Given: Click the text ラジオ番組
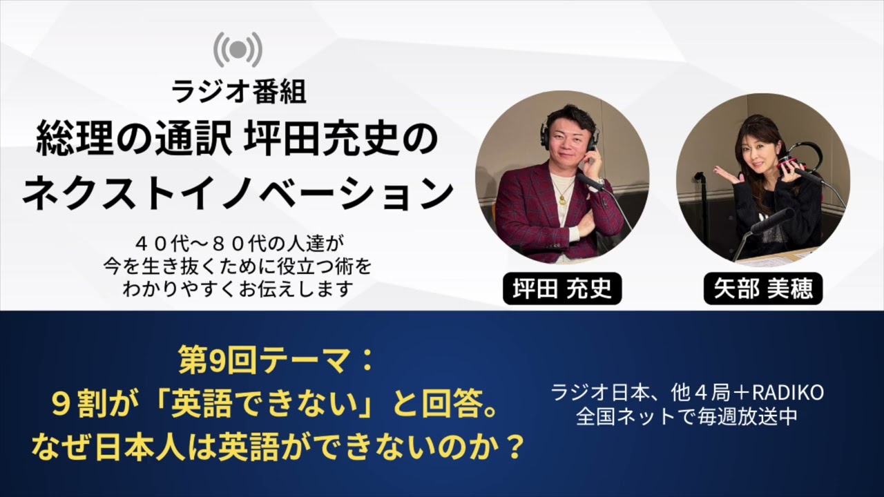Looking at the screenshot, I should pyautogui.click(x=238, y=92).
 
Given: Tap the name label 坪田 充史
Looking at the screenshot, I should pyautogui.click(x=562, y=289).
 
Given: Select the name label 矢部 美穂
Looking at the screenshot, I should pyautogui.click(x=763, y=289).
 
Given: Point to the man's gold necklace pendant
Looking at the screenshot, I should pyautogui.click(x=561, y=200).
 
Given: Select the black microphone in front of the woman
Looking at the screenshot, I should pyautogui.click(x=771, y=221).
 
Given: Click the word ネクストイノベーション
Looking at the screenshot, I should pyautogui.click(x=238, y=193).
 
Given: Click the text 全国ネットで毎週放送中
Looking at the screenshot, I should pyautogui.click(x=687, y=417).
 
